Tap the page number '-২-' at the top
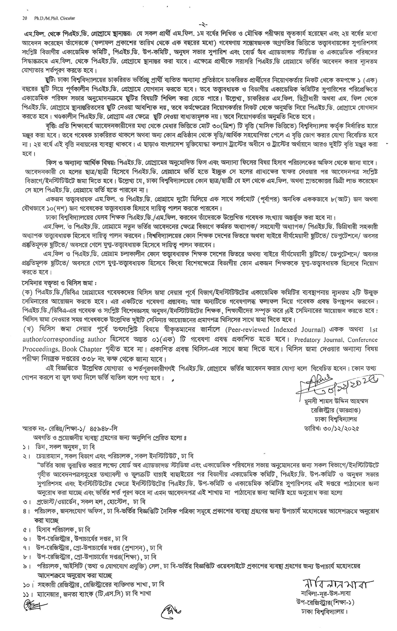coord(203,25)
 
